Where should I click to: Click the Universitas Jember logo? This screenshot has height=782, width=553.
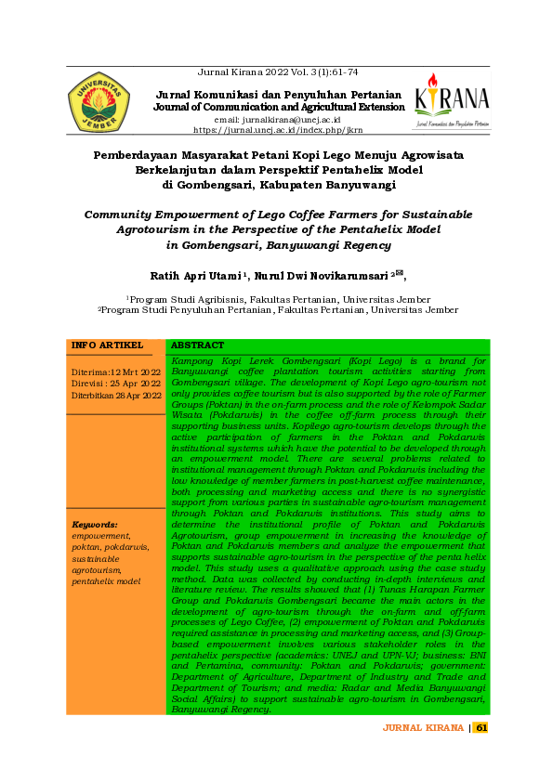[99, 102]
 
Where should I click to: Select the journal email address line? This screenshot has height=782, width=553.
[278, 121]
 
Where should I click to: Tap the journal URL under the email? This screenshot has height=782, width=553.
[278, 131]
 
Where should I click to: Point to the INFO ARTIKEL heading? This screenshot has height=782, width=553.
[107, 345]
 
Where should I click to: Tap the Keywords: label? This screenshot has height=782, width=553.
[95, 524]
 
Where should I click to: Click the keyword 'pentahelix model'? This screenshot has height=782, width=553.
[107, 580]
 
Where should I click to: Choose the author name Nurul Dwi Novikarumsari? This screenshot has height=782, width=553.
[322, 275]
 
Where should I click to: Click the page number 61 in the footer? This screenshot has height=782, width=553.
[481, 727]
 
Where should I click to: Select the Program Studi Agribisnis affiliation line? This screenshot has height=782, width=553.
[278, 299]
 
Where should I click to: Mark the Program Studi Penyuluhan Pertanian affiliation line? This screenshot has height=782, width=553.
[278, 309]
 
